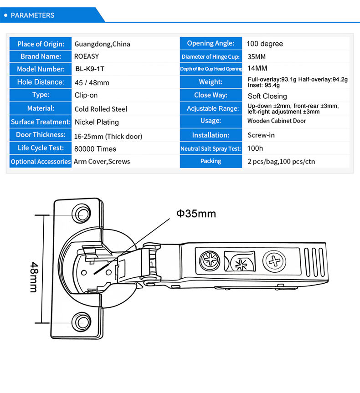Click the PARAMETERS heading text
[32, 15]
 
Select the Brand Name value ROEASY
[87, 56]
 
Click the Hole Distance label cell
[41, 82]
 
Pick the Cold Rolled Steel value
[101, 109]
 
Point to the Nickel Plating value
[97, 122]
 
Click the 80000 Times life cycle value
[95, 149]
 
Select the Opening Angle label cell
[211, 43]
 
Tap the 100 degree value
[265, 44]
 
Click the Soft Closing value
[267, 96]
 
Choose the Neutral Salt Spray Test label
[211, 149]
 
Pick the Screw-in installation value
[261, 135]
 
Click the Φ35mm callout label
[196, 213]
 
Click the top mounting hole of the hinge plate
[82, 213]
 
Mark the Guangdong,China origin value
[102, 44]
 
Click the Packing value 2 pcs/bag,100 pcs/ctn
[281, 162]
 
